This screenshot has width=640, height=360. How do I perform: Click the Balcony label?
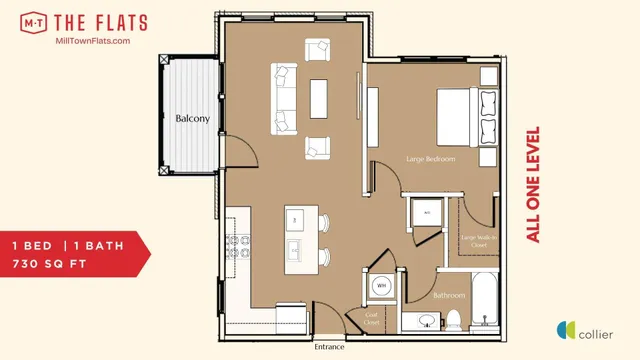pyautogui.click(x=193, y=119)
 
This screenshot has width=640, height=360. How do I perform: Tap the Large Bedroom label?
pyautogui.click(x=431, y=159)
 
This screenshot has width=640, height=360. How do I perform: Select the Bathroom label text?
pyautogui.click(x=449, y=296)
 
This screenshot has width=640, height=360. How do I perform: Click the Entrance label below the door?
pyautogui.click(x=329, y=347)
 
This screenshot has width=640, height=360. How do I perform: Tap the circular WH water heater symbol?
pyautogui.click(x=381, y=286)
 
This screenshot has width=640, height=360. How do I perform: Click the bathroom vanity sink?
pyautogui.click(x=425, y=322)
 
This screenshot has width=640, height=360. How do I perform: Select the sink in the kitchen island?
pyautogui.click(x=297, y=248)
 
